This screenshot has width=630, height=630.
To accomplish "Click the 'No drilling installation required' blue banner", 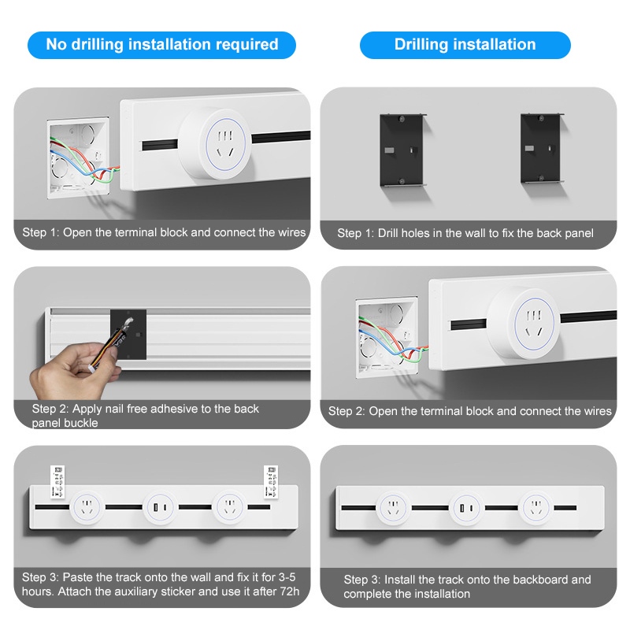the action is [161, 45].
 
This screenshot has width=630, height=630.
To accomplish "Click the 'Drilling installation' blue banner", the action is [465, 45].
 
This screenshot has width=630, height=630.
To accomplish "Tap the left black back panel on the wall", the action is [402, 150].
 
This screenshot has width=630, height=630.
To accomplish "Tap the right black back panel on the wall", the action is [542, 148].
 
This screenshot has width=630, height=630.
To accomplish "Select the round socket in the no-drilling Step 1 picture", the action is [216, 143].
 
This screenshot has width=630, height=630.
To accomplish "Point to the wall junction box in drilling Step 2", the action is [387, 338].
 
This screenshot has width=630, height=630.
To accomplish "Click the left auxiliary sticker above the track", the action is [57, 482].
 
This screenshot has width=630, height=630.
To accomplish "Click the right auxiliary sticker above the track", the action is [271, 482].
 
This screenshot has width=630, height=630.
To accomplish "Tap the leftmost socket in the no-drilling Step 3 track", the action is [87, 507].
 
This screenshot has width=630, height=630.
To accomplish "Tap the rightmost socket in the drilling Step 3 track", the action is [536, 508].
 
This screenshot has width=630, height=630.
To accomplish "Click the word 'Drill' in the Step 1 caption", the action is [387, 233].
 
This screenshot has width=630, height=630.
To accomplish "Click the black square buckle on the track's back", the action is [128, 334].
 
